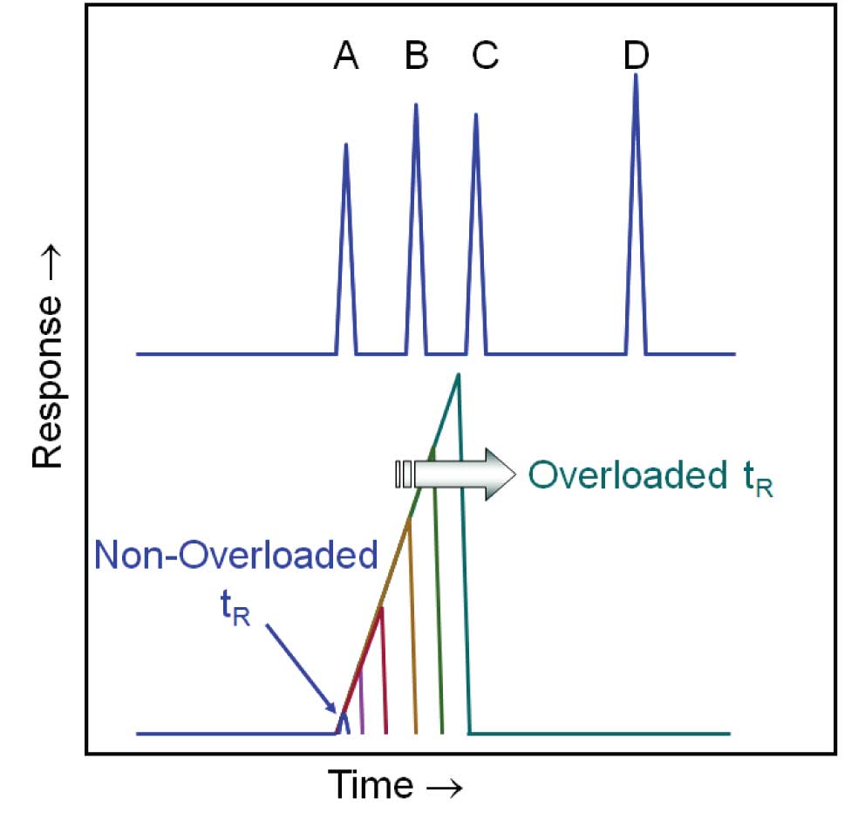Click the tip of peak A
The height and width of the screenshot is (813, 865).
pos(346,144)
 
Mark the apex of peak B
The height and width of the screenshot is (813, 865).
pos(416,105)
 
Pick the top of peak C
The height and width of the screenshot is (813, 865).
pos(475,114)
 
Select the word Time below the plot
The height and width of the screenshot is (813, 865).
pos(370,784)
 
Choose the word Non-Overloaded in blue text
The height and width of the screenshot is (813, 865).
pos(236,556)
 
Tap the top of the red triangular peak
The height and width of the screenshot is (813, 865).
pos(381,607)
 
